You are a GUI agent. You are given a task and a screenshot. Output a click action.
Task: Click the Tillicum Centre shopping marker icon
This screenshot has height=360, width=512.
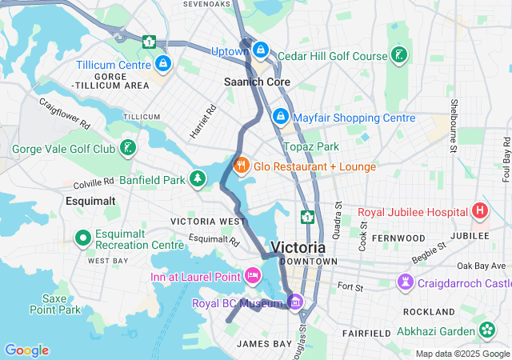162,63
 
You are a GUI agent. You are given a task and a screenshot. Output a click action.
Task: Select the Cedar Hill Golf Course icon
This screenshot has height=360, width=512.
398,55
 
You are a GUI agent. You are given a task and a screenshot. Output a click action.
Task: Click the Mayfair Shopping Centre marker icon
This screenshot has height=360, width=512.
280,118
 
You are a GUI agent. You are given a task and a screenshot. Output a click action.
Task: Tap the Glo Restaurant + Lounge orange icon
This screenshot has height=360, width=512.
240,166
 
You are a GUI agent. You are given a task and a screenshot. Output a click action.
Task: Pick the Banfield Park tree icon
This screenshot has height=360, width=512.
198,178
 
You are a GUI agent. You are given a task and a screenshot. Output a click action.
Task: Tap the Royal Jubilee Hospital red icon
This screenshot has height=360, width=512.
480,212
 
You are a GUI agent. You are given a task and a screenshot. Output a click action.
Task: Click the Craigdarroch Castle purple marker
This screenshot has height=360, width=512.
406,282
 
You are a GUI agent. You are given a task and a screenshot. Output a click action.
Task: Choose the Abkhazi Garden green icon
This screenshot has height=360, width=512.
486,330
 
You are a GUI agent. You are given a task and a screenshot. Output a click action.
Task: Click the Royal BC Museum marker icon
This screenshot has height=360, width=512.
295,302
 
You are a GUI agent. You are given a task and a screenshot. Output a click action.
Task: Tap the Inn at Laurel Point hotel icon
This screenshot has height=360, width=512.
253,276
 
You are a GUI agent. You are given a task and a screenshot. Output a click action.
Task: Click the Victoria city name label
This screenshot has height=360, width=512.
298,247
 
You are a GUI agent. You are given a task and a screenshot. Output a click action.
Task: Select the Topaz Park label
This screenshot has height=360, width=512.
311,146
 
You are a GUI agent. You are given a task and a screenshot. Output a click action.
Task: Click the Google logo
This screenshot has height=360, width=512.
26,350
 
